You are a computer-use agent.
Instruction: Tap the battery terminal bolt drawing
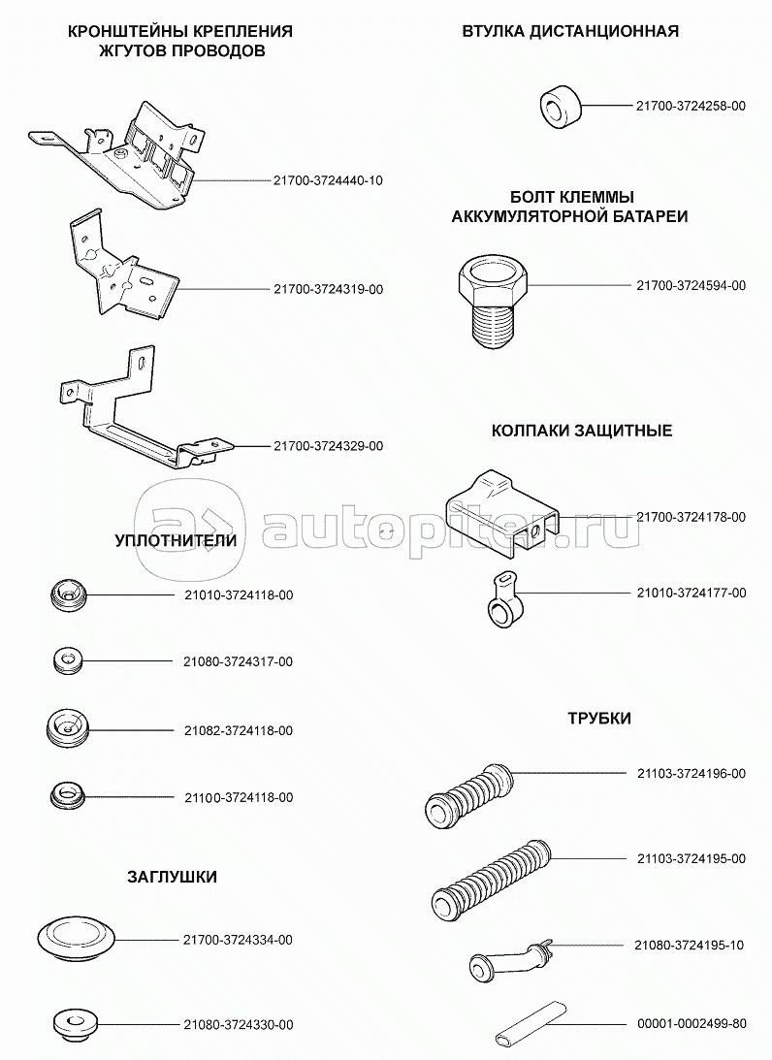[x=492, y=301]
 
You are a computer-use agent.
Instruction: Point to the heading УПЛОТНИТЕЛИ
[x=175, y=539]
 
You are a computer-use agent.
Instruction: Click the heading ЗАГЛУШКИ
[x=172, y=877]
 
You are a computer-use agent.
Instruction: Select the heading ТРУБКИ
[x=599, y=719]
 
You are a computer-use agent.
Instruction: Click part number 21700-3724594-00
[x=691, y=286]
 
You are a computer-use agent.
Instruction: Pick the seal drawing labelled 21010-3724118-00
[x=68, y=594]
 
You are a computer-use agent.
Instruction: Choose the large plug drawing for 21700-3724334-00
[x=76, y=938]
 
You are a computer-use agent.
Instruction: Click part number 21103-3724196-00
[x=691, y=773]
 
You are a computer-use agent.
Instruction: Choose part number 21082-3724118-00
[x=238, y=730]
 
